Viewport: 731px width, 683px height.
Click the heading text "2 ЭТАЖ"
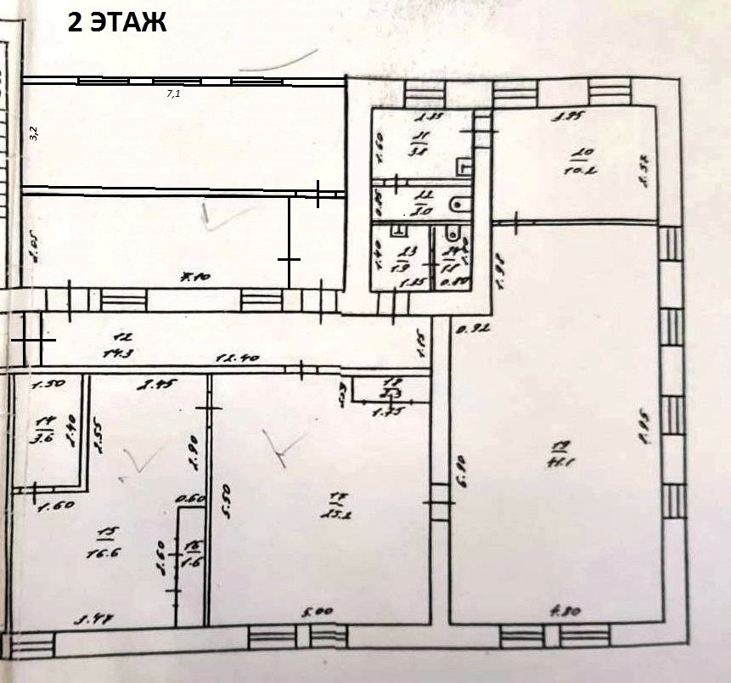pyautogui.click(x=117, y=23)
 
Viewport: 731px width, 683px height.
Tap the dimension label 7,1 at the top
pyautogui.click(x=173, y=94)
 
